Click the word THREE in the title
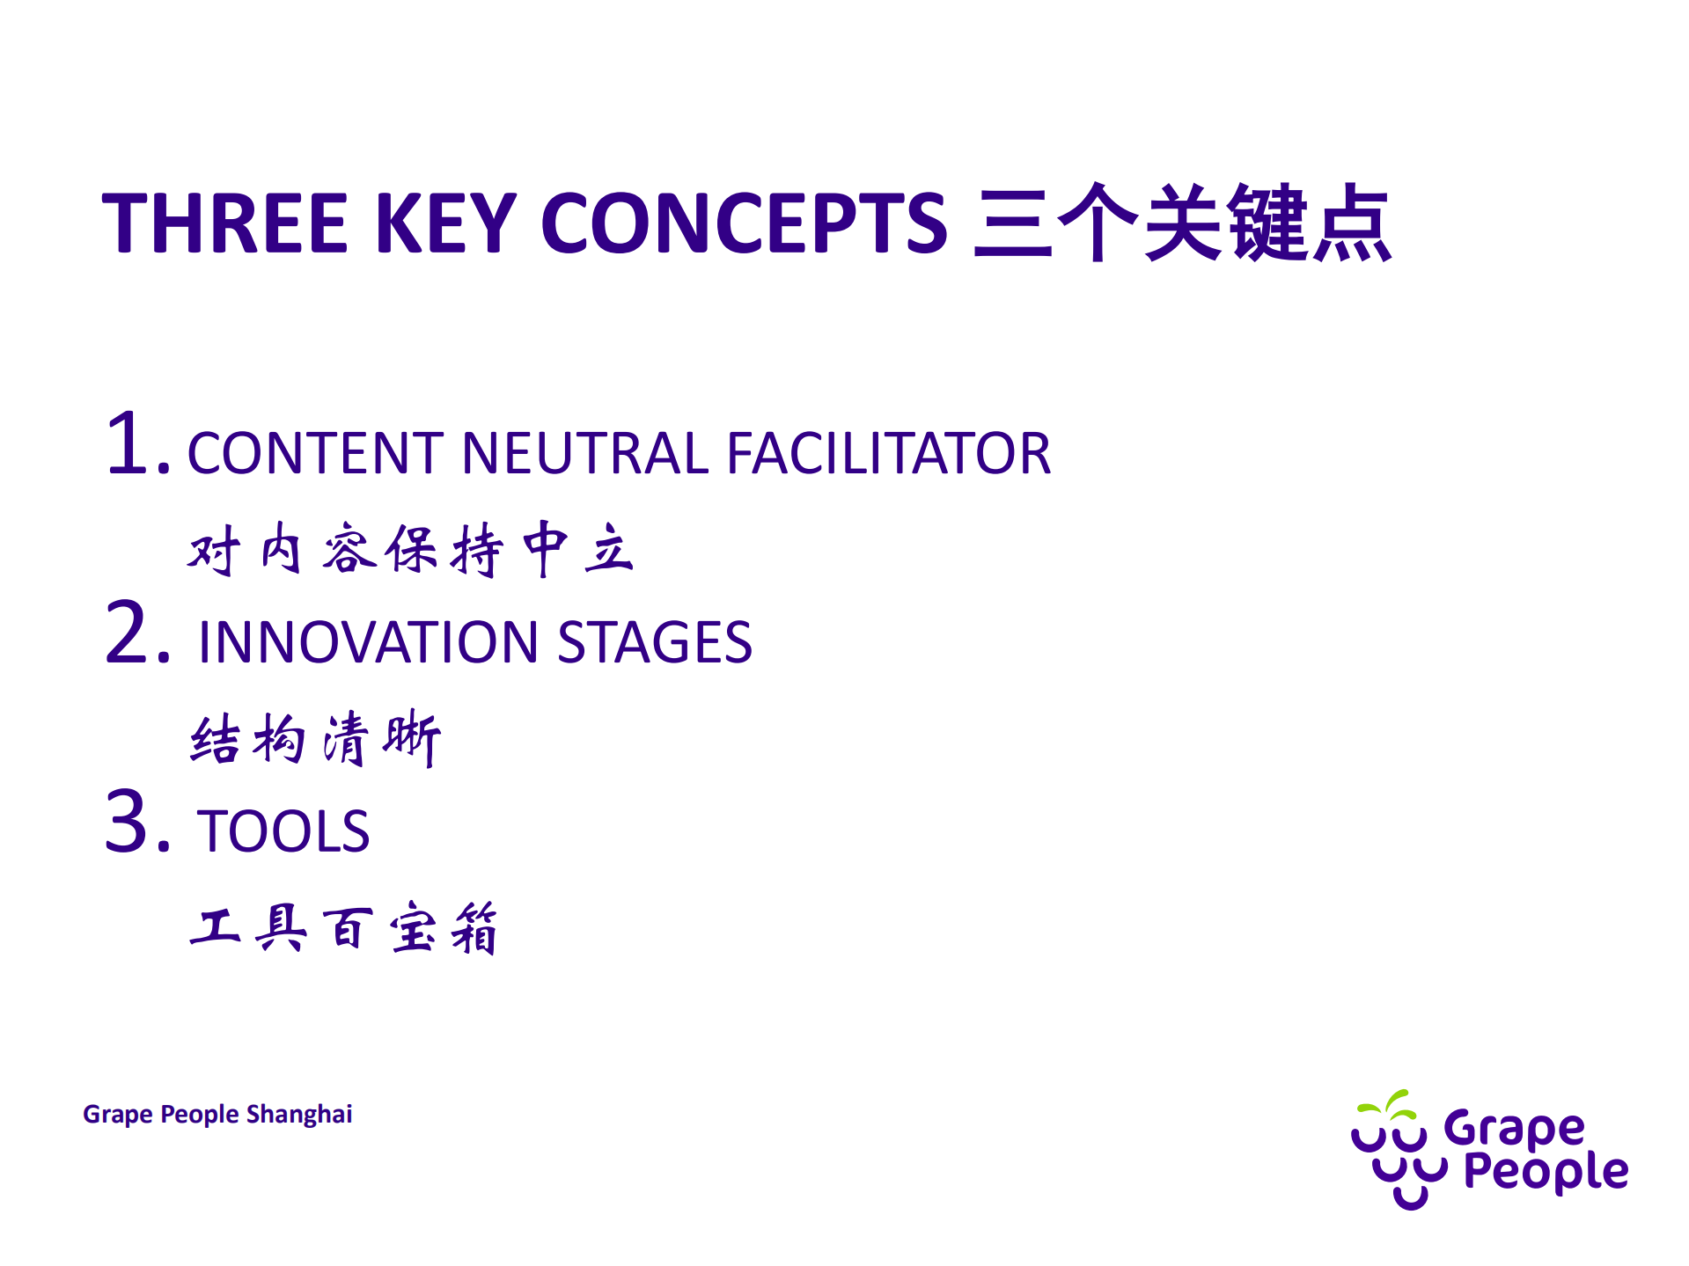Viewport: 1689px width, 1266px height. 225,223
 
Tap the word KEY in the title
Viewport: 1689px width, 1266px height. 445,223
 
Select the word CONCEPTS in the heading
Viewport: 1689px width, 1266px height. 744,223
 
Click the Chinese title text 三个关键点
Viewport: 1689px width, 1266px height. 1182,223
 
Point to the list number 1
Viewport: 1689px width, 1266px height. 132,445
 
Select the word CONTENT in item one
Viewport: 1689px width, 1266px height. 316,454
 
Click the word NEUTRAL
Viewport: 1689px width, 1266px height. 584,454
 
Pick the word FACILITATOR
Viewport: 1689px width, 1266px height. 888,454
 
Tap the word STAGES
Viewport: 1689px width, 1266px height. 655,642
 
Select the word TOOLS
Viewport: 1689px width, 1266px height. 283,831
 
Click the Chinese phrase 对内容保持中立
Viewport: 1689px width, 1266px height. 410,550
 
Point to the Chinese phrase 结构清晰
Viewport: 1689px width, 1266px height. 315,739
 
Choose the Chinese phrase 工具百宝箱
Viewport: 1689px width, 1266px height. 344,928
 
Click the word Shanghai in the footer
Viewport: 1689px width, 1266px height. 299,1114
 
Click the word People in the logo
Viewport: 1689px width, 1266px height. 1546,1171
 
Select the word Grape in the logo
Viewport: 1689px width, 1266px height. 1514,1129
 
